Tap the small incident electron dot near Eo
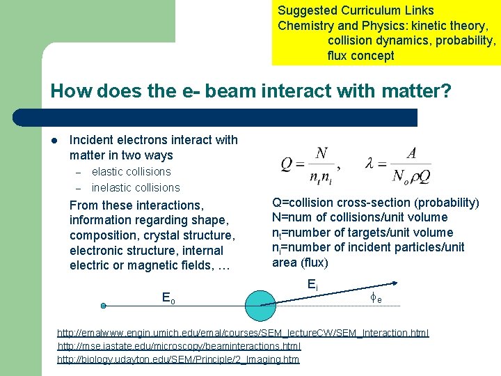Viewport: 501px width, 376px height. pos(103,306)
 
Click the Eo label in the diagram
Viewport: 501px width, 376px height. pos(168,297)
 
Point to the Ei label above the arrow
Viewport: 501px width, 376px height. pos(312,285)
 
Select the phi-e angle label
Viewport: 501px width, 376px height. pos(375,297)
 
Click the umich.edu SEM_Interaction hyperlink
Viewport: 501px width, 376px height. pos(243,333)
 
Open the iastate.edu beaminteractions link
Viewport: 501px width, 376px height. pos(179,346)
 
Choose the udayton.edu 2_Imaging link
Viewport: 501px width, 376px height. pos(178,359)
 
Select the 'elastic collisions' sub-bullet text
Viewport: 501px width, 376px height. pos(131,171)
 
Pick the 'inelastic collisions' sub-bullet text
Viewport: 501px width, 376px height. pos(136,187)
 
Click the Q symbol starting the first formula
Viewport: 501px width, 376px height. pos(287,165)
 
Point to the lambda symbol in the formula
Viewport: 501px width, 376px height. pos(371,165)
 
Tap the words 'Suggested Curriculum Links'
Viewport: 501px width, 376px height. pos(356,10)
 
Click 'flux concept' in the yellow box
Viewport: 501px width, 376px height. pos(360,56)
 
